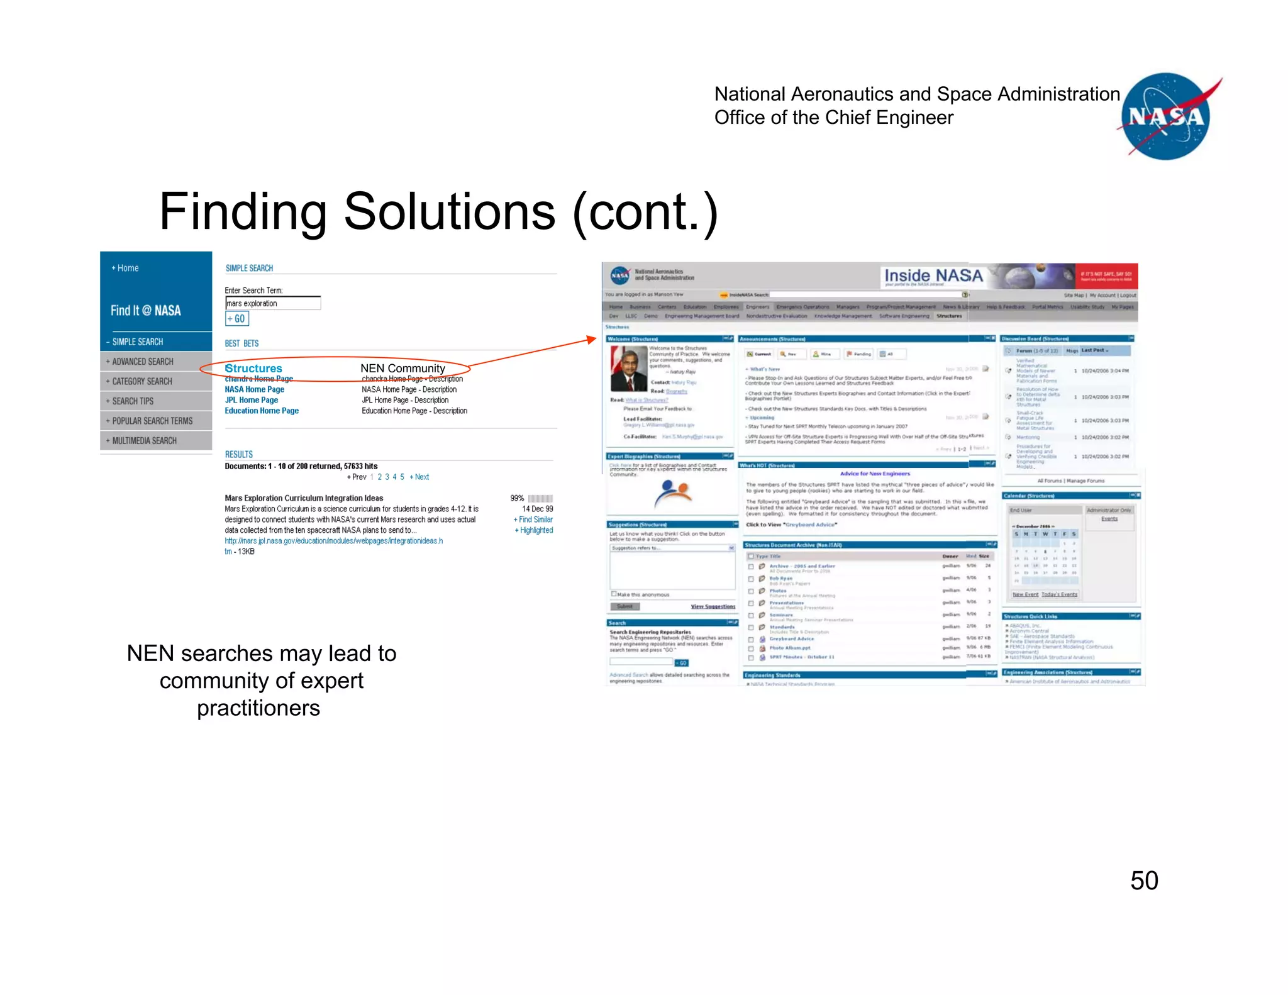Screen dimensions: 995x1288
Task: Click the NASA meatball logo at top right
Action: tap(1167, 116)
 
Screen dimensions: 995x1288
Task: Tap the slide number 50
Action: tap(1144, 880)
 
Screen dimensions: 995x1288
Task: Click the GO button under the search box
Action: tap(237, 319)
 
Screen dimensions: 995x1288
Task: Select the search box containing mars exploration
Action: tap(273, 303)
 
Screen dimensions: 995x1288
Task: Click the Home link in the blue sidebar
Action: tap(126, 268)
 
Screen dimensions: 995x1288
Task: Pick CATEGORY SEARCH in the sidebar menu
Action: tap(142, 381)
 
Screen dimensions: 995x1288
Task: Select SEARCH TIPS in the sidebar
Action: tap(132, 401)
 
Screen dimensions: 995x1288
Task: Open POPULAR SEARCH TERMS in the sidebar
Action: tap(152, 421)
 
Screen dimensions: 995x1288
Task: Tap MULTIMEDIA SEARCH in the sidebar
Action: tap(144, 441)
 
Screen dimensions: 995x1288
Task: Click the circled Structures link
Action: tap(254, 368)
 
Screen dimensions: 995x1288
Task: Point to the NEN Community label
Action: tap(402, 368)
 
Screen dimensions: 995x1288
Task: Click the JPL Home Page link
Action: tap(252, 400)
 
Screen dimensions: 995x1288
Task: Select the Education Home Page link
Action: tap(262, 411)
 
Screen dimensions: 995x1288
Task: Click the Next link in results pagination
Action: tap(421, 477)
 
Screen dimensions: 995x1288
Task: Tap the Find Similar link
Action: tap(535, 520)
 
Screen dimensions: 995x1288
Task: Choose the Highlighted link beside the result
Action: tap(535, 530)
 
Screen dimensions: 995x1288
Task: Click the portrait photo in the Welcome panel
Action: tap(629, 369)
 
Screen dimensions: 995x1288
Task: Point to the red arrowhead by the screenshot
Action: tap(591, 340)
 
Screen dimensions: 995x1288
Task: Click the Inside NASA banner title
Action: tap(933, 275)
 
